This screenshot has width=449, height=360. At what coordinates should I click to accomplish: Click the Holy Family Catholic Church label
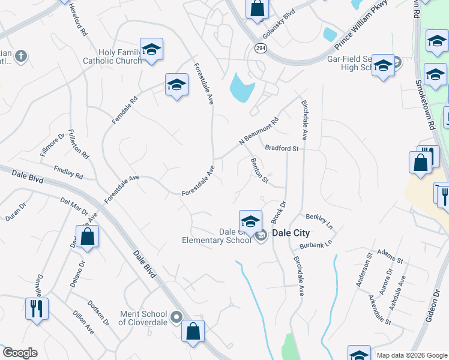112,56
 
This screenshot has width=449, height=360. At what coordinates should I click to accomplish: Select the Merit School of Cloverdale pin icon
176,316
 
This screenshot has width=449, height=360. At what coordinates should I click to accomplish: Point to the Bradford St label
282,148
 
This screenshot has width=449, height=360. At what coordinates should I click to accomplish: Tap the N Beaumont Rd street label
259,130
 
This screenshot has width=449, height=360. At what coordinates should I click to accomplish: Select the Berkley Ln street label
319,221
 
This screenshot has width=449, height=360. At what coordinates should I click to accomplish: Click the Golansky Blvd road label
279,19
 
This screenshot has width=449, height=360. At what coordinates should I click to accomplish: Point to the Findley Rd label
68,173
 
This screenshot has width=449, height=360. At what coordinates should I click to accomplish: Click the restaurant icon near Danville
37,308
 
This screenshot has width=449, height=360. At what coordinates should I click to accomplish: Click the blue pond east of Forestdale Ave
241,88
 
